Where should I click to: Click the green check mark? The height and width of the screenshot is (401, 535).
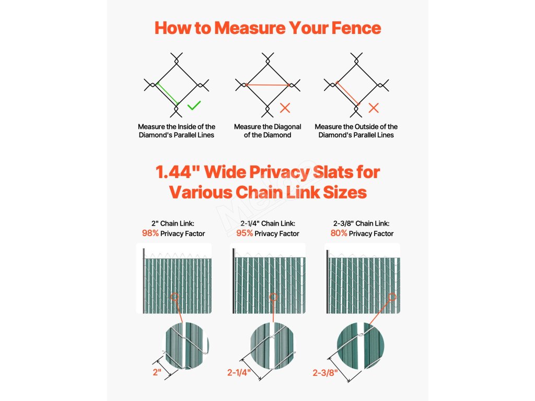tap(194, 105)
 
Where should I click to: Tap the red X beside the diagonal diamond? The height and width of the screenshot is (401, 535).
tap(285, 108)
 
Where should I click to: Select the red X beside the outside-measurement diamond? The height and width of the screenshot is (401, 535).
tap(374, 108)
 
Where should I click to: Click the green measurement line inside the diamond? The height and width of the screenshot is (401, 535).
tap(168, 93)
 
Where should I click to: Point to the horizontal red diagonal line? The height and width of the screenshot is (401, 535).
tap(267, 85)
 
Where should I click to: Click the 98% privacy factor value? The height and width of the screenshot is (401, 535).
tap(150, 233)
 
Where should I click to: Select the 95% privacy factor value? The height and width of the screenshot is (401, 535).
tap(245, 233)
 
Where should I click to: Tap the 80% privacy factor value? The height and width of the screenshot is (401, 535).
tap(339, 233)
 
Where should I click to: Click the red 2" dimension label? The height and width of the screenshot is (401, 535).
tap(157, 372)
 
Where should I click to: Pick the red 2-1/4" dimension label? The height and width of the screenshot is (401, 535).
tap(239, 372)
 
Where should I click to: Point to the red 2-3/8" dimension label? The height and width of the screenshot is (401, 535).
tap(325, 373)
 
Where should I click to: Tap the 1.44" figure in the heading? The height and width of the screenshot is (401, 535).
tap(178, 172)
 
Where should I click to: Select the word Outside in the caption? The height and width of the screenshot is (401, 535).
tap(371, 126)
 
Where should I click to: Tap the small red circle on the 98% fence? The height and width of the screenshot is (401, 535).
tap(175, 297)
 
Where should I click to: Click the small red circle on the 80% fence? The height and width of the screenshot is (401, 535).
tap(392, 297)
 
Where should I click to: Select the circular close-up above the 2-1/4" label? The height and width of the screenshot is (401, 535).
tap(272, 346)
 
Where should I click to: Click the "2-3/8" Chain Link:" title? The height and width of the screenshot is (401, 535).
tap(362, 223)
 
